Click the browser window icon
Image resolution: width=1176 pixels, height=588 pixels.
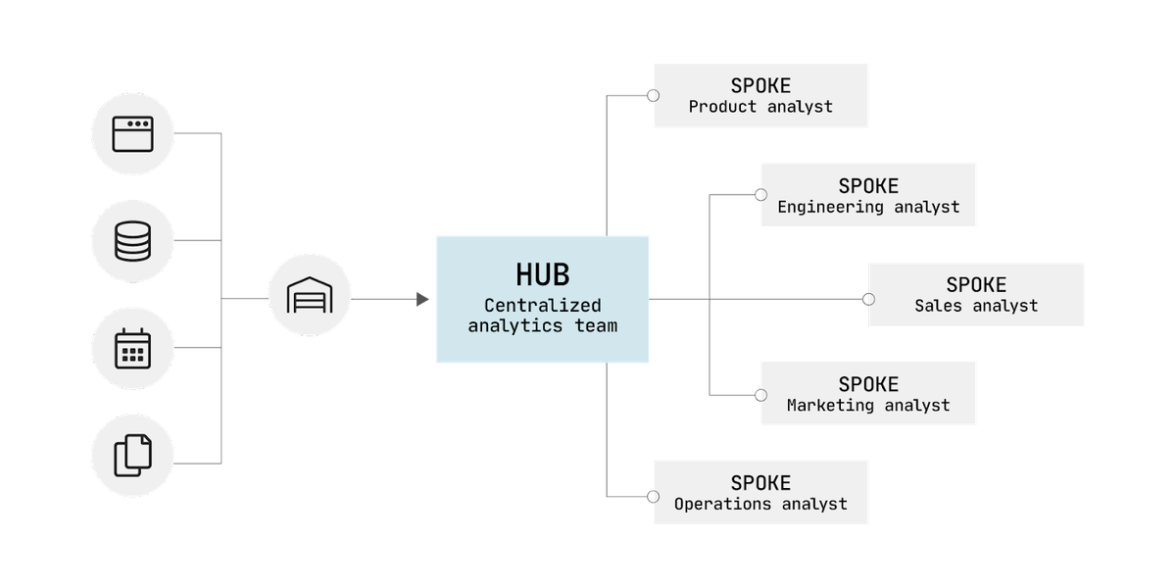click(133, 134)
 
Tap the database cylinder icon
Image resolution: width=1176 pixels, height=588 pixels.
click(133, 241)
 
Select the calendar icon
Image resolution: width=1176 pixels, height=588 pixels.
click(133, 348)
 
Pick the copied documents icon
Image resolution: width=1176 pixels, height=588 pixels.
click(133, 455)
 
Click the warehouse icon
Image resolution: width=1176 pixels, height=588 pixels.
click(310, 295)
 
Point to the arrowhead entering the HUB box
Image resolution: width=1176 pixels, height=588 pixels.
click(422, 299)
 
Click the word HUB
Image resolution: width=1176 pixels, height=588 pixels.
click(542, 274)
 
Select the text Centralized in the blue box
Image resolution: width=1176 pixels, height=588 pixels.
click(542, 305)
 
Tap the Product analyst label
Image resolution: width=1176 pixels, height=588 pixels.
click(760, 107)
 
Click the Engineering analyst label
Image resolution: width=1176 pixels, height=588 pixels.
click(868, 207)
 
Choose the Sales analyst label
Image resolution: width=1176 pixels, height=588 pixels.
click(976, 306)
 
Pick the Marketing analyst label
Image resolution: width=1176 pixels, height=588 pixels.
click(868, 405)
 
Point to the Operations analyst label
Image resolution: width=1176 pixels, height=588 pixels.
click(760, 504)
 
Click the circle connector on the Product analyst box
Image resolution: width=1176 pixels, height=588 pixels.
click(653, 96)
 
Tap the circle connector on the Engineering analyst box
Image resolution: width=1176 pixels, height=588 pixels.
click(760, 195)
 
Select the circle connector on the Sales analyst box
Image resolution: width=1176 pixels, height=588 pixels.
click(869, 299)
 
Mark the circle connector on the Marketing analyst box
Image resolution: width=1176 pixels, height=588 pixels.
click(760, 395)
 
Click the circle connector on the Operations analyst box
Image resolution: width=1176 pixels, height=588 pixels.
click(653, 497)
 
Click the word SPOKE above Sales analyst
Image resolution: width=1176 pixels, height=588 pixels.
click(976, 285)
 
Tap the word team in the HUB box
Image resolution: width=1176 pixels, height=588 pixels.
click(596, 326)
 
